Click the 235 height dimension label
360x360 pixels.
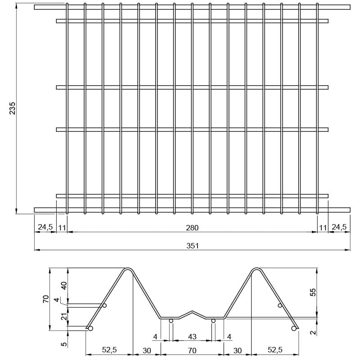(12, 108)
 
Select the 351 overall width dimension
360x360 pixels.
(193, 246)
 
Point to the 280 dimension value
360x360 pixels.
(192, 228)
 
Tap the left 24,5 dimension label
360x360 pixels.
(45, 227)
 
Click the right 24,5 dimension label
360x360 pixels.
(339, 227)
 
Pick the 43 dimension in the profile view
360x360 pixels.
(192, 337)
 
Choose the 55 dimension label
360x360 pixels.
(313, 292)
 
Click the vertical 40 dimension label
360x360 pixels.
(64, 285)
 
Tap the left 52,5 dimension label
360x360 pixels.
(109, 350)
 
